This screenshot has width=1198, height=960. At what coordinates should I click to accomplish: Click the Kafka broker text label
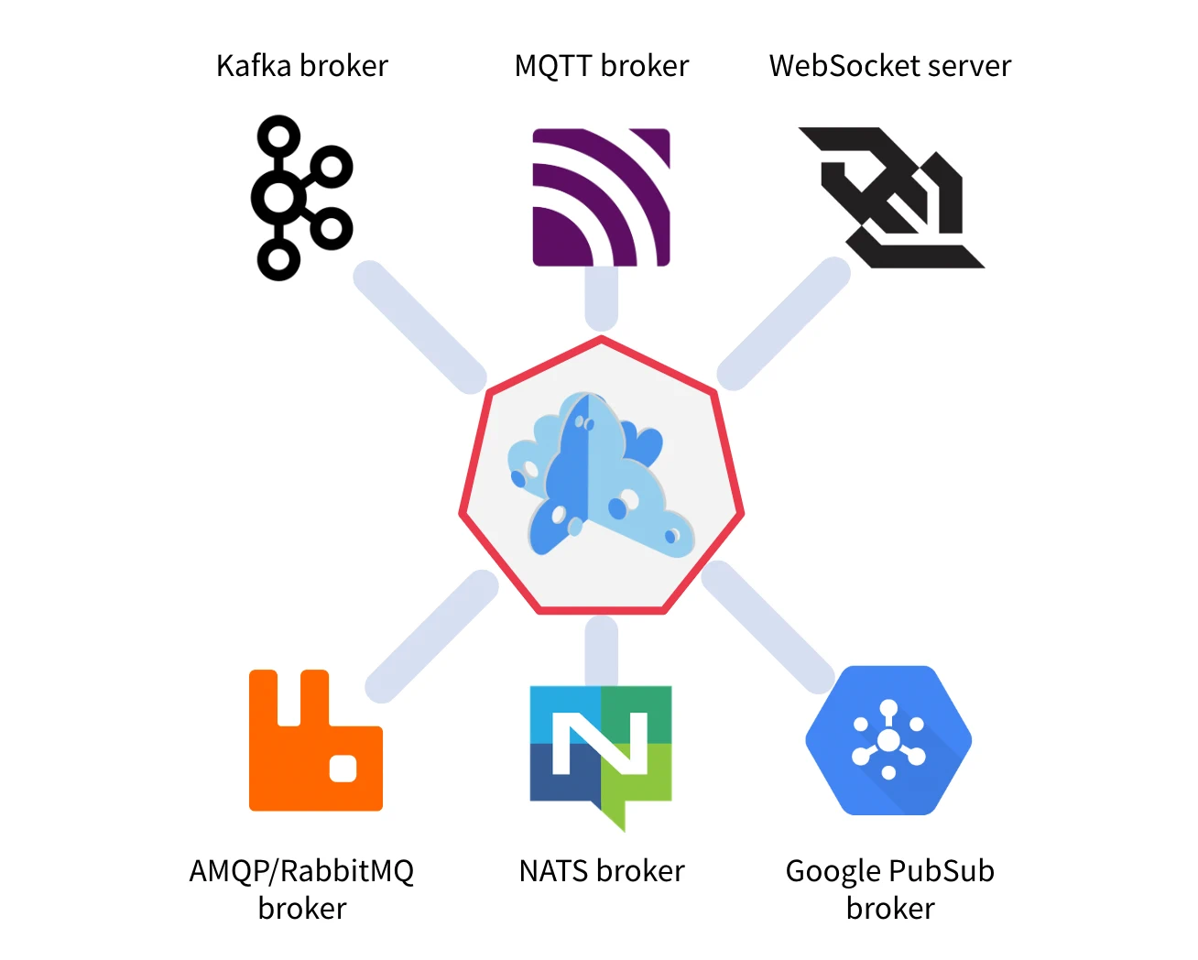(x=301, y=66)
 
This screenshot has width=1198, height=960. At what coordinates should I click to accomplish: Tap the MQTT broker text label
(x=601, y=66)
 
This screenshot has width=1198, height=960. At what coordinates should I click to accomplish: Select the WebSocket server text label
(x=889, y=66)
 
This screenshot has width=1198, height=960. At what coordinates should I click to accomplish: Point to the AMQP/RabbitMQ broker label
(x=301, y=889)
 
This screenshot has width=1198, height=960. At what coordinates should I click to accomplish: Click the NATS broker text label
(x=601, y=870)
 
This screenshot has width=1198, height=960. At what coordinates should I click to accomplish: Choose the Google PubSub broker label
(x=889, y=889)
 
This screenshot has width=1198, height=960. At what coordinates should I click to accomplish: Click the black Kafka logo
(x=299, y=197)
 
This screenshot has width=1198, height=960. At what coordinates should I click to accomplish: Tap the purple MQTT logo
(x=601, y=197)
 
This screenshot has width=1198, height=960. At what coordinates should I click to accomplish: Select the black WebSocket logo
(x=890, y=197)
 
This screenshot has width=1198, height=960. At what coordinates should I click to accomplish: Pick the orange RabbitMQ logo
(x=315, y=742)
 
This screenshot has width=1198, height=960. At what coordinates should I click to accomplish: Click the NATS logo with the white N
(x=601, y=747)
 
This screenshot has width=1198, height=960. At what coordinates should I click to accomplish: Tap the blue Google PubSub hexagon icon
(x=888, y=740)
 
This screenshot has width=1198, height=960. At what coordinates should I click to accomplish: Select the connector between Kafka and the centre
(x=419, y=327)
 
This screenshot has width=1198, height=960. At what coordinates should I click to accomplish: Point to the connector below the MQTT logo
(x=601, y=299)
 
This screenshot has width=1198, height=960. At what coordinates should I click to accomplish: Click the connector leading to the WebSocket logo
(x=783, y=323)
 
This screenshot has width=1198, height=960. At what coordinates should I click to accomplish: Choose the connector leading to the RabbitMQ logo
(x=431, y=636)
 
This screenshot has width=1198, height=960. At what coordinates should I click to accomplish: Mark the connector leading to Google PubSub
(x=768, y=627)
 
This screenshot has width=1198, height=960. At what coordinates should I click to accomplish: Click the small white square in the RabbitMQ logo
(x=343, y=768)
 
